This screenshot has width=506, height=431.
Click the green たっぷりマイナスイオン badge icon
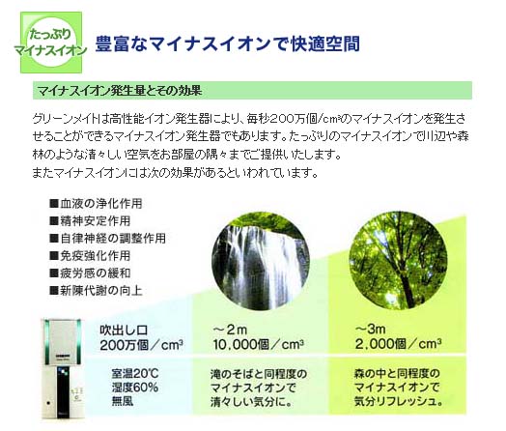[x=51, y=43]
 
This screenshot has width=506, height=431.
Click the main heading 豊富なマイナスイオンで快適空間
[x=228, y=43]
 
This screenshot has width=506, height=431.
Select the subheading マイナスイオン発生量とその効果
[x=120, y=91]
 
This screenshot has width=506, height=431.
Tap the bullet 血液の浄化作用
[x=96, y=203]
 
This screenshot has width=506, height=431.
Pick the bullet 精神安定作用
[x=90, y=221]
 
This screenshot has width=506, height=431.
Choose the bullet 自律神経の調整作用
[x=108, y=239]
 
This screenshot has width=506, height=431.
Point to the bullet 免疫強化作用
[x=90, y=256]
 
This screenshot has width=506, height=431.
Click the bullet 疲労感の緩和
[x=90, y=273]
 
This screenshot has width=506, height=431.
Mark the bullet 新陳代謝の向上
[x=96, y=291]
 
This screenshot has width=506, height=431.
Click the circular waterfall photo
[x=261, y=261]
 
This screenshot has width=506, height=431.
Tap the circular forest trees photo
[x=399, y=260]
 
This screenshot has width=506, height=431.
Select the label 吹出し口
[x=124, y=330]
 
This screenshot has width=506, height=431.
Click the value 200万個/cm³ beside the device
[x=141, y=345]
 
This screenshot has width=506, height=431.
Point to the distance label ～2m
[x=230, y=330]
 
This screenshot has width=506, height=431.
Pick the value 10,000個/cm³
[x=258, y=344]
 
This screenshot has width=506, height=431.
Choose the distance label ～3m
[x=371, y=329]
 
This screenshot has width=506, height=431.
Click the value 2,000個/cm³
[x=398, y=344]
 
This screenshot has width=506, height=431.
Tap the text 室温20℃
[x=135, y=374]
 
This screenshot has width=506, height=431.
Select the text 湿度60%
[x=135, y=388]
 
